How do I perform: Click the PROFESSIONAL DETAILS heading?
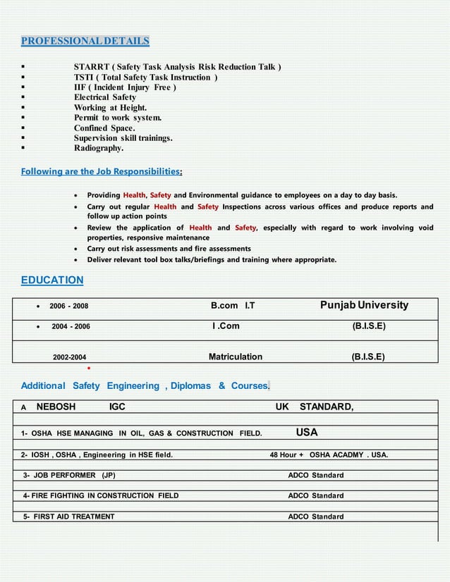pos(85,41)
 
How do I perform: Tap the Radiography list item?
pos(99,149)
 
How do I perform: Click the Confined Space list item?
pos(104,128)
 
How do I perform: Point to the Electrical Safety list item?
pos(105,97)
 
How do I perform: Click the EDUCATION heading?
pos(52,280)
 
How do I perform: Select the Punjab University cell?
pos(364,306)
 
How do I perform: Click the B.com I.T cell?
pos(233,306)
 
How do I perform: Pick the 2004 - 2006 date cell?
pos(71,327)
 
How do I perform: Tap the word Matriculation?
pos(236,357)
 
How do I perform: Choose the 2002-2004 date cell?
pos(71,357)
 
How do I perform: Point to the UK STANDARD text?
pos(315,407)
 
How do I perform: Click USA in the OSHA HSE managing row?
pos(307,432)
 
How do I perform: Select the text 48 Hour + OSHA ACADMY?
pos(329,455)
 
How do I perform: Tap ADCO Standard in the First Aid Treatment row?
pos(316,516)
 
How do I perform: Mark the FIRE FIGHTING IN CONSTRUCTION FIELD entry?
pos(100,496)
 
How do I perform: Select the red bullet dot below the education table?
pos(87,368)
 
